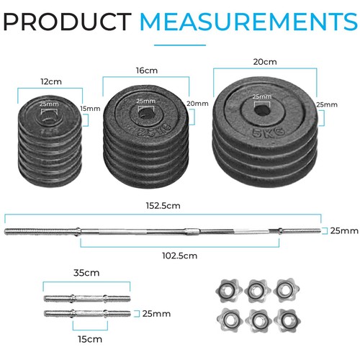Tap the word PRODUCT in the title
point(66,22)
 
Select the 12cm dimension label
point(50,81)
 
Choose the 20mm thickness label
point(197,104)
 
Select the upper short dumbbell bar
point(87,297)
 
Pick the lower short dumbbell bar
point(87,313)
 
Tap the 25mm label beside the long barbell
point(343,230)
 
